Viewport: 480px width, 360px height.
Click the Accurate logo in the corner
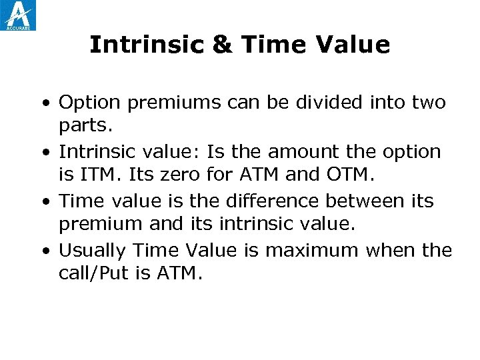[19, 15]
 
